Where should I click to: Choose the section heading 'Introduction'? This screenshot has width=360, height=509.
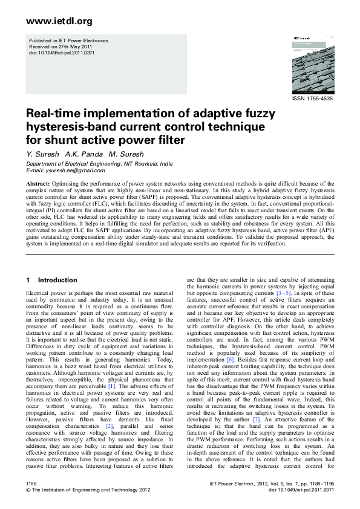tap(57, 280)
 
